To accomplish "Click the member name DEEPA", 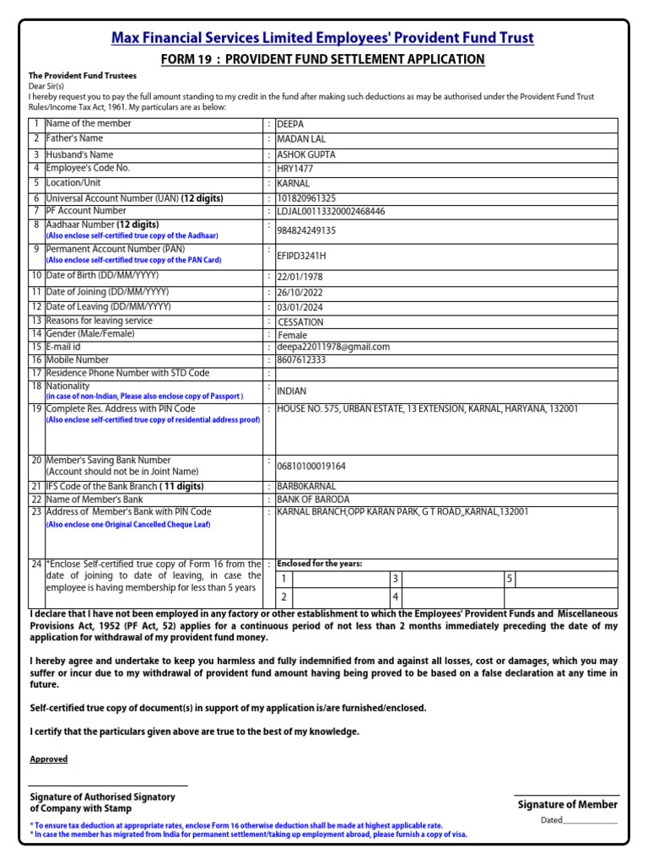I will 291,124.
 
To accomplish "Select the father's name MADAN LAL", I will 301,139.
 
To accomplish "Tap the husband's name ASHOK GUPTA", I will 305,155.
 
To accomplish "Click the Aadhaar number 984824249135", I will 306,231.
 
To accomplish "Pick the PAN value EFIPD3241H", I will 301,256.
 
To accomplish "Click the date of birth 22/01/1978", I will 300,277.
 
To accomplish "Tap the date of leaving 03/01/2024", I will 300,307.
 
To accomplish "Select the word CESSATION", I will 300,322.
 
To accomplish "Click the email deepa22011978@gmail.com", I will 333,347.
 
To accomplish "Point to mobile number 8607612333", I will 301,359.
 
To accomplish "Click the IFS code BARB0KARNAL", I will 306,487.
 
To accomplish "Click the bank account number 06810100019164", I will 311,466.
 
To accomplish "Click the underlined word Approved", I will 49,759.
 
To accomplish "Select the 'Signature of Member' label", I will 567,805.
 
